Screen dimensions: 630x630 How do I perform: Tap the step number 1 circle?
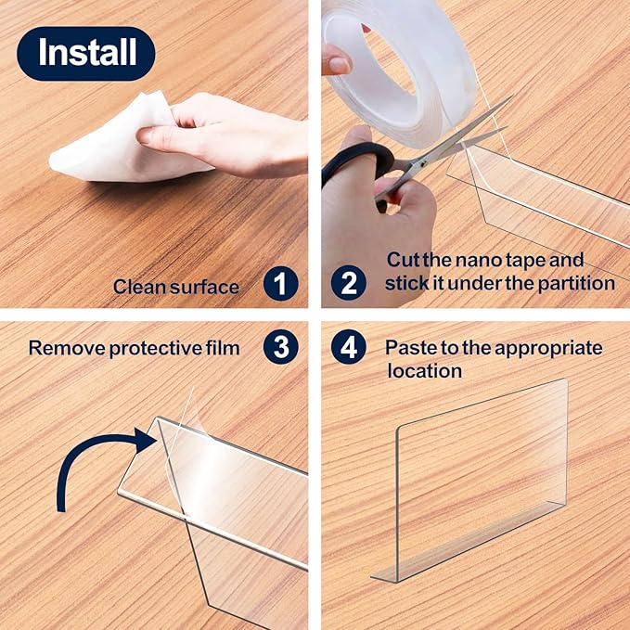280,284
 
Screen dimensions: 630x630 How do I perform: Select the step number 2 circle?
349,281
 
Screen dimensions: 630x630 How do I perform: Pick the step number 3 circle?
280,347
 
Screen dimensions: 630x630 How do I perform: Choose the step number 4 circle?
349,347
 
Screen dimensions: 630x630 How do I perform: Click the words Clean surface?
176,286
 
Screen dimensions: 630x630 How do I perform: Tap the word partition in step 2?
578,283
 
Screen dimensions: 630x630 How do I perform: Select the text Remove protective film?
134,348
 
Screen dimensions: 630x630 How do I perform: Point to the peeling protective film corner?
190,408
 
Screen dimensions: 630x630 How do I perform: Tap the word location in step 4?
424,370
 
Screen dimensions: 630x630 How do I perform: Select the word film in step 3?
221,348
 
